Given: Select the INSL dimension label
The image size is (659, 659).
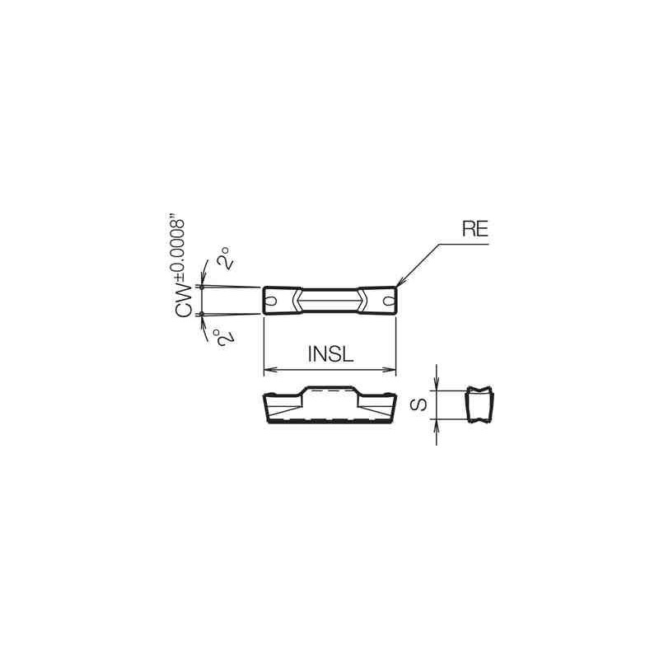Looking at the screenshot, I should click(329, 354).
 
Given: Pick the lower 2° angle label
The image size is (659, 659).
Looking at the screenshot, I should click(220, 335).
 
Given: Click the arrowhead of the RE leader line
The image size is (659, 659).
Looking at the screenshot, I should click(399, 285).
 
